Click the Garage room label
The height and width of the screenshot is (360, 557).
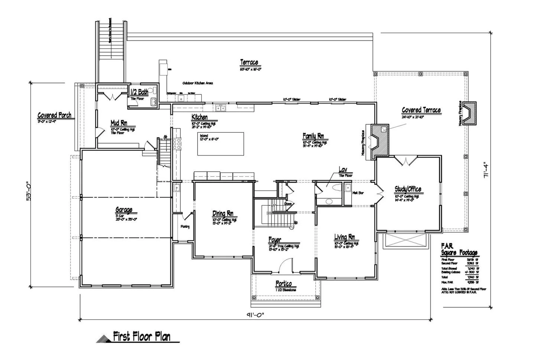(124, 210)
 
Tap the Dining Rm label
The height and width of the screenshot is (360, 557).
(223, 213)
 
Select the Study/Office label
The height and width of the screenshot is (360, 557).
(408, 190)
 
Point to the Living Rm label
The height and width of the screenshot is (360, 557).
(345, 237)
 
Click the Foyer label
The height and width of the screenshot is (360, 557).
(275, 240)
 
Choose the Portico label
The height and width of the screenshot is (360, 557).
(284, 284)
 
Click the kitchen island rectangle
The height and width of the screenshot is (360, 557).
(221, 144)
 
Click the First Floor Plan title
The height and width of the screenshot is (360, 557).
(142, 336)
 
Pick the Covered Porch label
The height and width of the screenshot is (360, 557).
(55, 115)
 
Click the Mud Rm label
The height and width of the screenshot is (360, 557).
(119, 123)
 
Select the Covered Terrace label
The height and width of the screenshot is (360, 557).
(421, 110)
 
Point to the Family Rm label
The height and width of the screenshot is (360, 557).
(313, 136)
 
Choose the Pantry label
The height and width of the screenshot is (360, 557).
(185, 227)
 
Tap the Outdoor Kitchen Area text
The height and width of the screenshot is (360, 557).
(198, 84)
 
